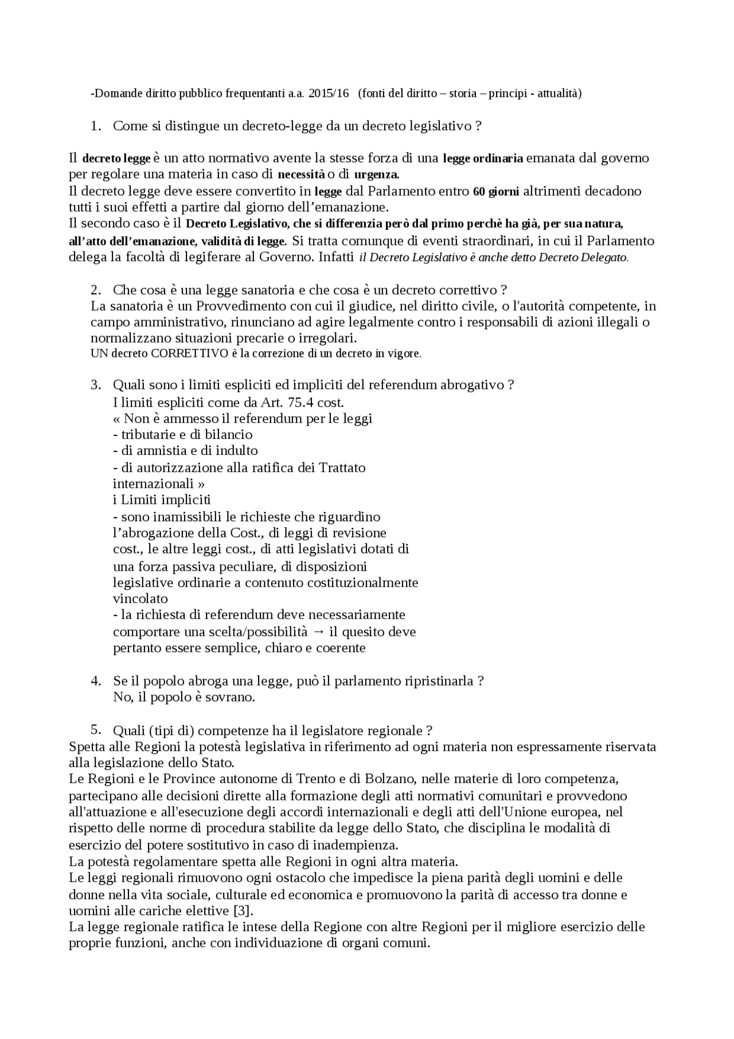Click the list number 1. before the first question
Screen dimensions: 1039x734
click(x=96, y=126)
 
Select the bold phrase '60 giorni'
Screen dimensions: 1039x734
click(x=496, y=192)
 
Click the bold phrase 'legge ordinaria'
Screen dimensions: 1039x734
click(x=483, y=158)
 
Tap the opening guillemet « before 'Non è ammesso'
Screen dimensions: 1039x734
click(x=117, y=419)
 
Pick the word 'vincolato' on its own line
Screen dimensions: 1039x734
click(x=140, y=598)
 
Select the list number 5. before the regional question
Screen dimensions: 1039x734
click(x=96, y=730)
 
